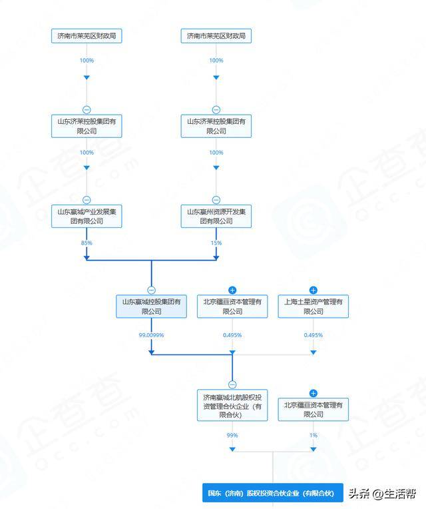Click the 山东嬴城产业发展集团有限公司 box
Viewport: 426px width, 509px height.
[87, 217]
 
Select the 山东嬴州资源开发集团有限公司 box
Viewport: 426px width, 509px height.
[216, 217]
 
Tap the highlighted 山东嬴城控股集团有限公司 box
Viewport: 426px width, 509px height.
[151, 306]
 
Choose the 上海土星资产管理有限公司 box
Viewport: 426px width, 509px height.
[314, 306]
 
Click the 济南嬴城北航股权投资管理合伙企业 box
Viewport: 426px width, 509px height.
[232, 405]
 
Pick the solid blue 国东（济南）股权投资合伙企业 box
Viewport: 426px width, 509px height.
[273, 493]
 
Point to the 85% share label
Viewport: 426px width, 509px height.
[87, 243]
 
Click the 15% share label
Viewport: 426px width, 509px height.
[216, 243]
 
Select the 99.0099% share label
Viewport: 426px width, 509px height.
[151, 335]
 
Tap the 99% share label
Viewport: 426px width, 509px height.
[232, 435]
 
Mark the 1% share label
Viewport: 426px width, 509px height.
[314, 435]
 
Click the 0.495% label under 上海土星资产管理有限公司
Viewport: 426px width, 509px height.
[314, 335]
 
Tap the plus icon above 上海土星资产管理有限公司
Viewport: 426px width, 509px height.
[314, 290]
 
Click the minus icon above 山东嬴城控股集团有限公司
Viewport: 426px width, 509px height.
[151, 290]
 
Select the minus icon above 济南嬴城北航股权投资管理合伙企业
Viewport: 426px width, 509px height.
[232, 384]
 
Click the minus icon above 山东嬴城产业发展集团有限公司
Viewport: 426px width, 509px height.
[87, 200]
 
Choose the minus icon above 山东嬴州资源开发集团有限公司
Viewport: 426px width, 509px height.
[216, 200]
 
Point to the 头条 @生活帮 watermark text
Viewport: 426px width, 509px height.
[382, 494]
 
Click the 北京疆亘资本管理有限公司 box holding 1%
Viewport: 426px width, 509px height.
[314, 409]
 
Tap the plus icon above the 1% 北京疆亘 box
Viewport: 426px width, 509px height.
[314, 394]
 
